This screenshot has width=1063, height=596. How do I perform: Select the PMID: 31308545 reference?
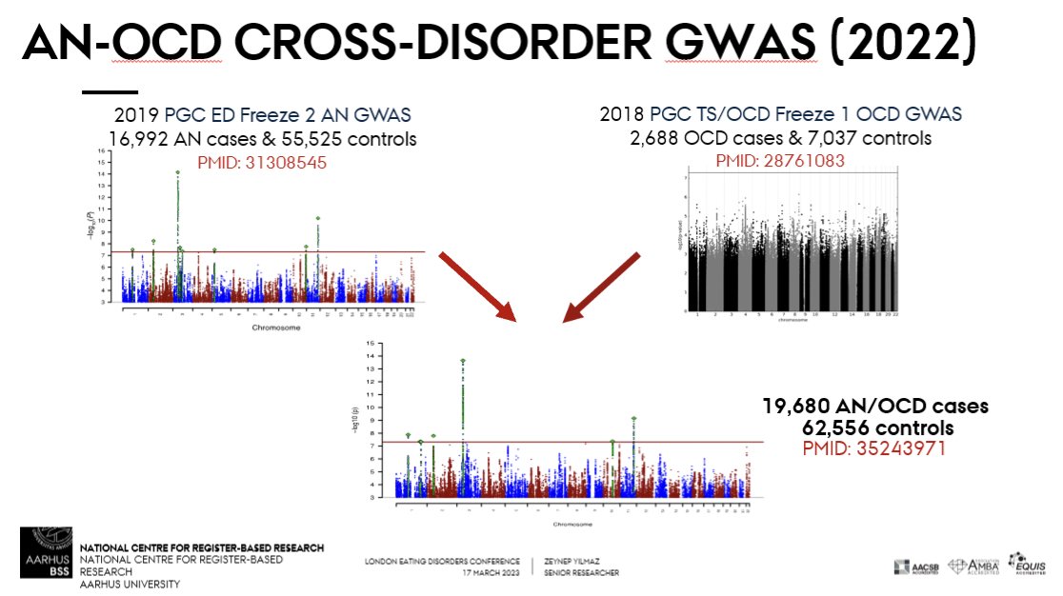point(262,162)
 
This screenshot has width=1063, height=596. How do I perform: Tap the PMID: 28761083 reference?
point(779,161)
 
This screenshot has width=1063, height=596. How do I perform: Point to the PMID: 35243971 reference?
point(874,447)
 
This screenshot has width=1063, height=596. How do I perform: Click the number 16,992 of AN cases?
point(143,139)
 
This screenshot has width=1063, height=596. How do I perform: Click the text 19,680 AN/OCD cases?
point(874,407)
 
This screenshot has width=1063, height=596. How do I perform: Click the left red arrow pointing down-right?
point(475,286)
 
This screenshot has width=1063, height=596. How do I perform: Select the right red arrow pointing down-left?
point(602,286)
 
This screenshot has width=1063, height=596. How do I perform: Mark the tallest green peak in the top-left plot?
point(178,173)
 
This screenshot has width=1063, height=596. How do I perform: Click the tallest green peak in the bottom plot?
point(463,362)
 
